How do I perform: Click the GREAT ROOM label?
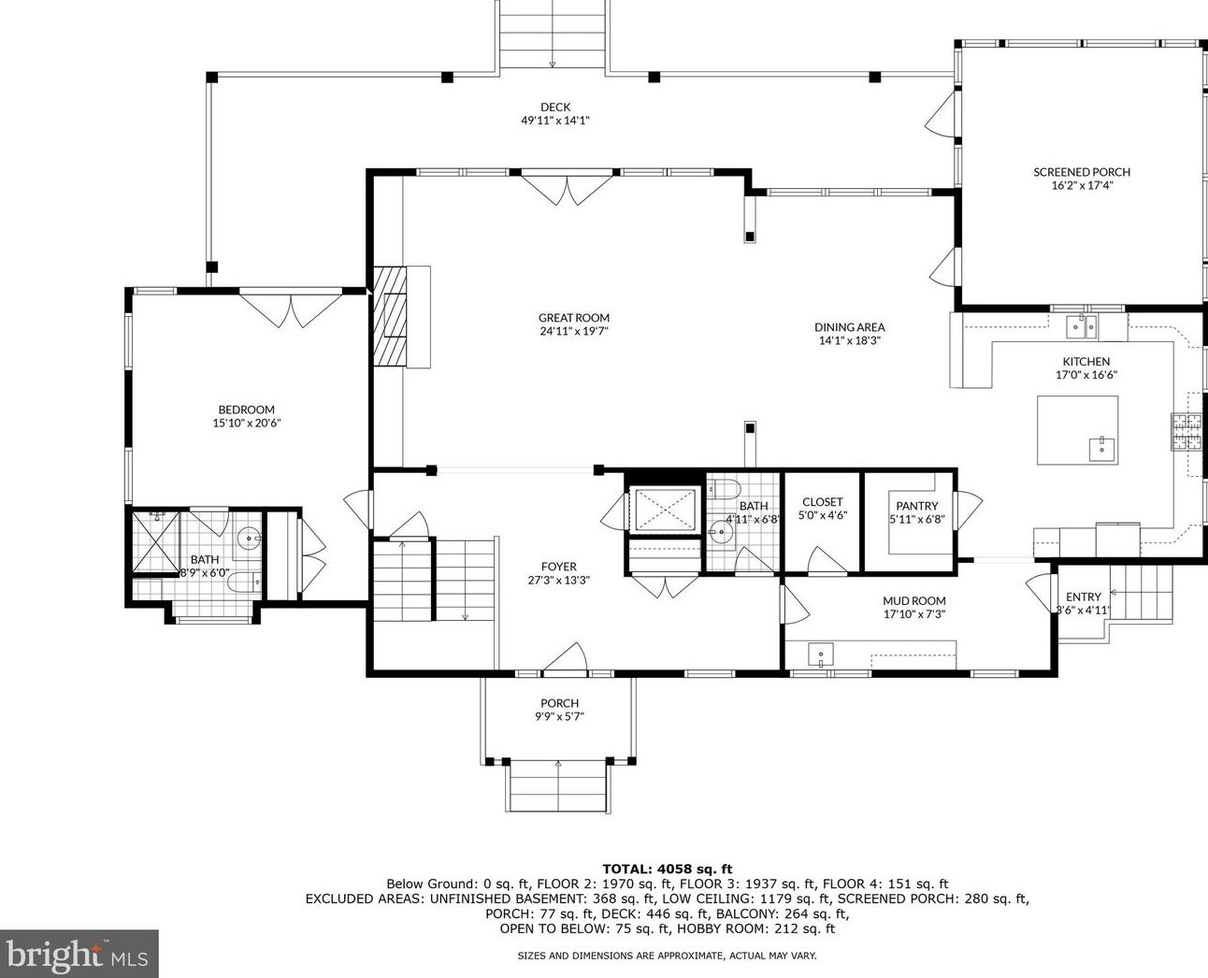click(573, 318)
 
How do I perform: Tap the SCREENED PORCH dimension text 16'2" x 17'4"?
click(1082, 185)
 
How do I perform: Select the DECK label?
click(554, 107)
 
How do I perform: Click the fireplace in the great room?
click(393, 316)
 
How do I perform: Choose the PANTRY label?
click(916, 506)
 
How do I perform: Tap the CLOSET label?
click(822, 502)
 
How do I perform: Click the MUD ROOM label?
click(913, 601)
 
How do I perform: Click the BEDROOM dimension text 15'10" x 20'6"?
click(246, 423)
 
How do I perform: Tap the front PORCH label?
click(559, 703)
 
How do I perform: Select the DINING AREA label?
click(849, 327)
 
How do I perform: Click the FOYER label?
click(558, 567)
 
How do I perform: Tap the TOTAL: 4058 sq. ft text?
click(667, 869)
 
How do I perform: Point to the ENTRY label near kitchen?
click(1083, 597)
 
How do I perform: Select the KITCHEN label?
click(1086, 362)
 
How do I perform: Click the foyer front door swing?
click(566, 657)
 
